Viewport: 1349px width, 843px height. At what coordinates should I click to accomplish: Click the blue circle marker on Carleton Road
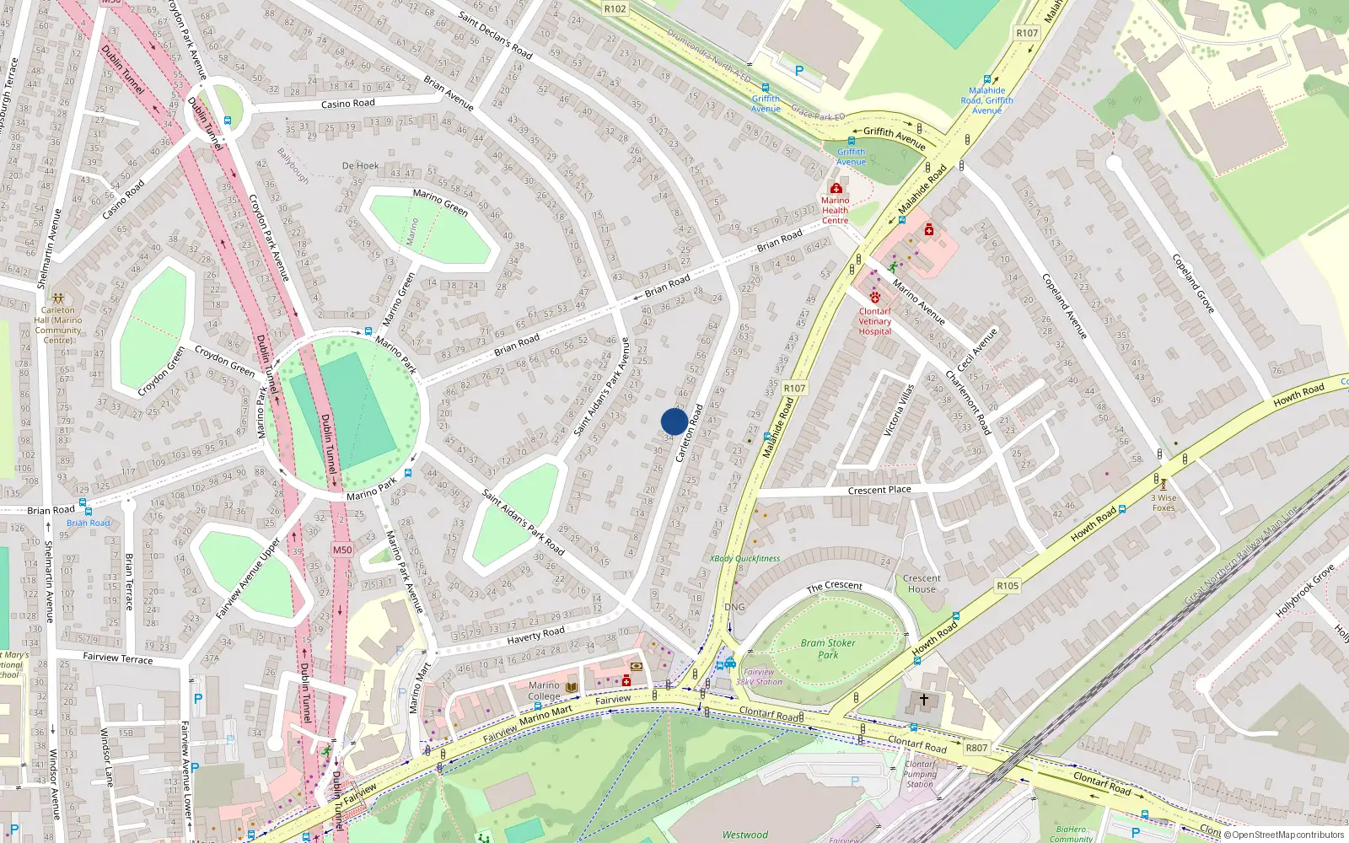(674, 421)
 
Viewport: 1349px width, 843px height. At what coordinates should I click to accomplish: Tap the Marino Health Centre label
(835, 210)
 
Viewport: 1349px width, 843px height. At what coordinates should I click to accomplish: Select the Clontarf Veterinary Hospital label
(874, 321)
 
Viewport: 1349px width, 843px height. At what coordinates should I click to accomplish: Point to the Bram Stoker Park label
(828, 648)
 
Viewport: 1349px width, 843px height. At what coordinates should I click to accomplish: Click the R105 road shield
(1008, 585)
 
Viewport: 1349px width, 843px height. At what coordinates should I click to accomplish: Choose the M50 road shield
(341, 550)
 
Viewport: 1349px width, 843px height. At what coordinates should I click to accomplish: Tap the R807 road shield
(976, 748)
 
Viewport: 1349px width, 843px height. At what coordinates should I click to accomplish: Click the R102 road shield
(615, 8)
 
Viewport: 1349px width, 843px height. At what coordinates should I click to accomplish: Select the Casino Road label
(347, 104)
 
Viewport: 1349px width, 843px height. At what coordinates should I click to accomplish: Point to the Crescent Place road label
(879, 490)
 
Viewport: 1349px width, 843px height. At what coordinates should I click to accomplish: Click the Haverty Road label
(535, 634)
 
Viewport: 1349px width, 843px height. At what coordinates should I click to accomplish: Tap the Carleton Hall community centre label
(58, 325)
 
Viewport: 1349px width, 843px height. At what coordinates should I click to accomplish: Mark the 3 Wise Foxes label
(1164, 502)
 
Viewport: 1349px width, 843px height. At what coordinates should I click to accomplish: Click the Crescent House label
(922, 583)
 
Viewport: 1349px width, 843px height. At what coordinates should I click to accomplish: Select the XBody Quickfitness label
(744, 558)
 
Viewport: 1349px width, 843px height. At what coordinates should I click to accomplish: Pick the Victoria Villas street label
(899, 410)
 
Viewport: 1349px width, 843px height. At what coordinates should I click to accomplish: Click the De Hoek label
(360, 165)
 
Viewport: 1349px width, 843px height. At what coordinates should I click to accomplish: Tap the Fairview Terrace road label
(117, 658)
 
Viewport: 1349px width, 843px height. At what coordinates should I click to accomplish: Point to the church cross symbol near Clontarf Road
(923, 700)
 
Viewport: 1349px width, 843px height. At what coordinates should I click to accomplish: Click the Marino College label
(544, 690)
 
